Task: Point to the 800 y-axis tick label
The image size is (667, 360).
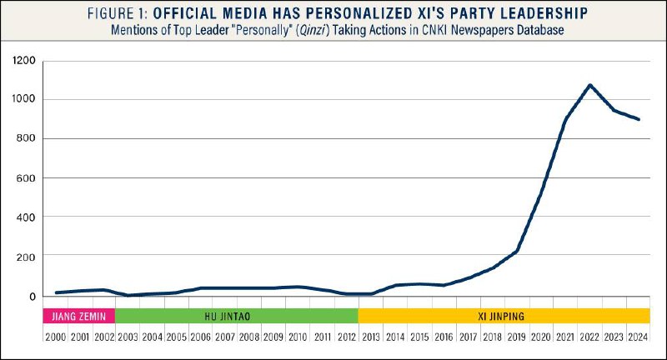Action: click(24, 138)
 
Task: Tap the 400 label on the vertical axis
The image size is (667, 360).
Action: click(24, 217)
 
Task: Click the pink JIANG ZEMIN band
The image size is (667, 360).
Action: click(78, 316)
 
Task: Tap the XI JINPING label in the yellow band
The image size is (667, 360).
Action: click(504, 316)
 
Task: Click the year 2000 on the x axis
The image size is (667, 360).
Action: click(54, 337)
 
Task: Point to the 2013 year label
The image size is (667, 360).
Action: click(371, 337)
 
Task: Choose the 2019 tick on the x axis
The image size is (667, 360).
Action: click(517, 337)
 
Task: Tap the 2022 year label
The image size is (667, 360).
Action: click(589, 337)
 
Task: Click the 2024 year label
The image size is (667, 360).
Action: click(638, 337)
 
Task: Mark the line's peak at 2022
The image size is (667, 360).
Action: click(589, 85)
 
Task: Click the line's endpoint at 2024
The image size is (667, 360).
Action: click(639, 119)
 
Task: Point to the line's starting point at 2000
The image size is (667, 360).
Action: click(55, 292)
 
